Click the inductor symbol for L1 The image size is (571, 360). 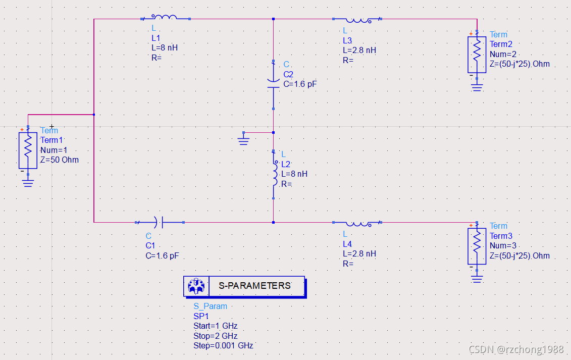pos(165,18)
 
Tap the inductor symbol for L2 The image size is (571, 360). pos(274,174)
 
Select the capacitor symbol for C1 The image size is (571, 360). pos(159,222)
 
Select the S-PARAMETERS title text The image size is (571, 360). pos(254,286)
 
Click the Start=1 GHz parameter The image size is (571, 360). pos(215,326)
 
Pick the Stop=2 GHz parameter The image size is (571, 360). pos(215,336)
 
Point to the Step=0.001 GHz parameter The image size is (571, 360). pos(223,346)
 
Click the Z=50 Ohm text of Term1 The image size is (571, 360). pos(60,160)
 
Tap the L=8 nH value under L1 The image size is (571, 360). pos(165,48)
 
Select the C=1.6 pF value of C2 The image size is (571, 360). pos(300,84)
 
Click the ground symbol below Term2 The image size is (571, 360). pos(477,87)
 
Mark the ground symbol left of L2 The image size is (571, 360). pos(244,139)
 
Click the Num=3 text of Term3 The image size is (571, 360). pos(503,246)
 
